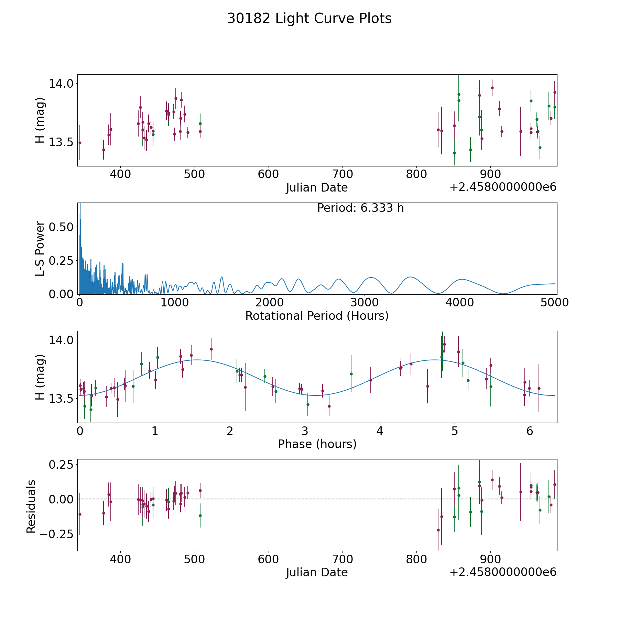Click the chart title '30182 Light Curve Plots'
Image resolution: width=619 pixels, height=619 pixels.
point(309,19)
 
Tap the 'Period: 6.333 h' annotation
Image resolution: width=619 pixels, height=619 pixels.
point(360,208)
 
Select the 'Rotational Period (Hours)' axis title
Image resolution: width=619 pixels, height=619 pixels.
point(317,316)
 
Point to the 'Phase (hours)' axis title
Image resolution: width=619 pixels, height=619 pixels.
point(317,444)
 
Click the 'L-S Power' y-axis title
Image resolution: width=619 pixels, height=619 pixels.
point(40,248)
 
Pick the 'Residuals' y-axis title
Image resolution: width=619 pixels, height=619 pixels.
point(31,506)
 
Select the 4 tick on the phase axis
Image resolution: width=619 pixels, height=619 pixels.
point(380,431)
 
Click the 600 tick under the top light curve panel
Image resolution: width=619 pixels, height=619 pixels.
point(268,174)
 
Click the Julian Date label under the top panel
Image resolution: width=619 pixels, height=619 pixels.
point(317,187)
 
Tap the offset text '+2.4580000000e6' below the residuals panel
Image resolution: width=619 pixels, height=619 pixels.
point(503,572)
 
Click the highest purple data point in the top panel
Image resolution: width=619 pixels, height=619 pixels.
point(492,88)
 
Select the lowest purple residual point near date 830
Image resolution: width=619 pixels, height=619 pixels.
point(438,530)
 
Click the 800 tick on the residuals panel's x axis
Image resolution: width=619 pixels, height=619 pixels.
point(416,560)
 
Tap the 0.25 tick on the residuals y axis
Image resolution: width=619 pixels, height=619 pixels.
point(61,464)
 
